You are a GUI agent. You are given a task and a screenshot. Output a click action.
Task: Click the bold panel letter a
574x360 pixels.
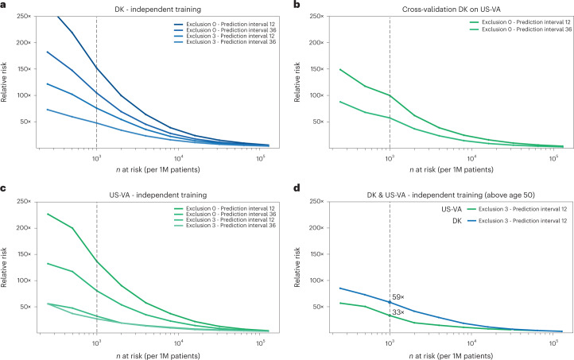tap(5, 5)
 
